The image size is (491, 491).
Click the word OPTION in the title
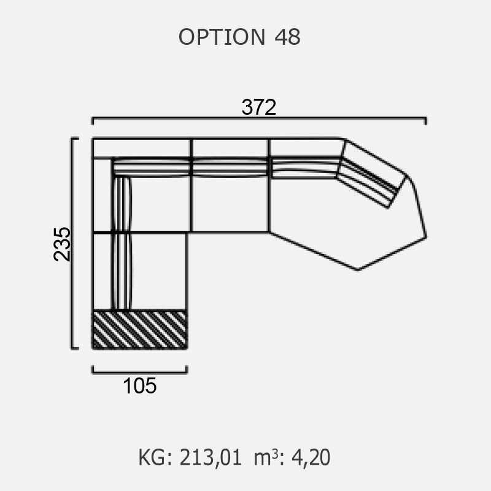pyautogui.click(x=222, y=37)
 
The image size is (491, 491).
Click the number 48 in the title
pyautogui.click(x=287, y=37)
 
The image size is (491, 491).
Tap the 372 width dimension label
pyautogui.click(x=258, y=107)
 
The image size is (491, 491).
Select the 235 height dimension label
pyautogui.click(x=62, y=244)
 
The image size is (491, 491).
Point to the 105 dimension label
pyautogui.click(x=140, y=386)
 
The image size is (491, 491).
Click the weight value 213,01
pyautogui.click(x=211, y=458)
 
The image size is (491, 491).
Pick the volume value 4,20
pyautogui.click(x=311, y=458)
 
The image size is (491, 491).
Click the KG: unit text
pyautogui.click(x=155, y=458)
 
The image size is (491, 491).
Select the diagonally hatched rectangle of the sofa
pyautogui.click(x=140, y=329)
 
